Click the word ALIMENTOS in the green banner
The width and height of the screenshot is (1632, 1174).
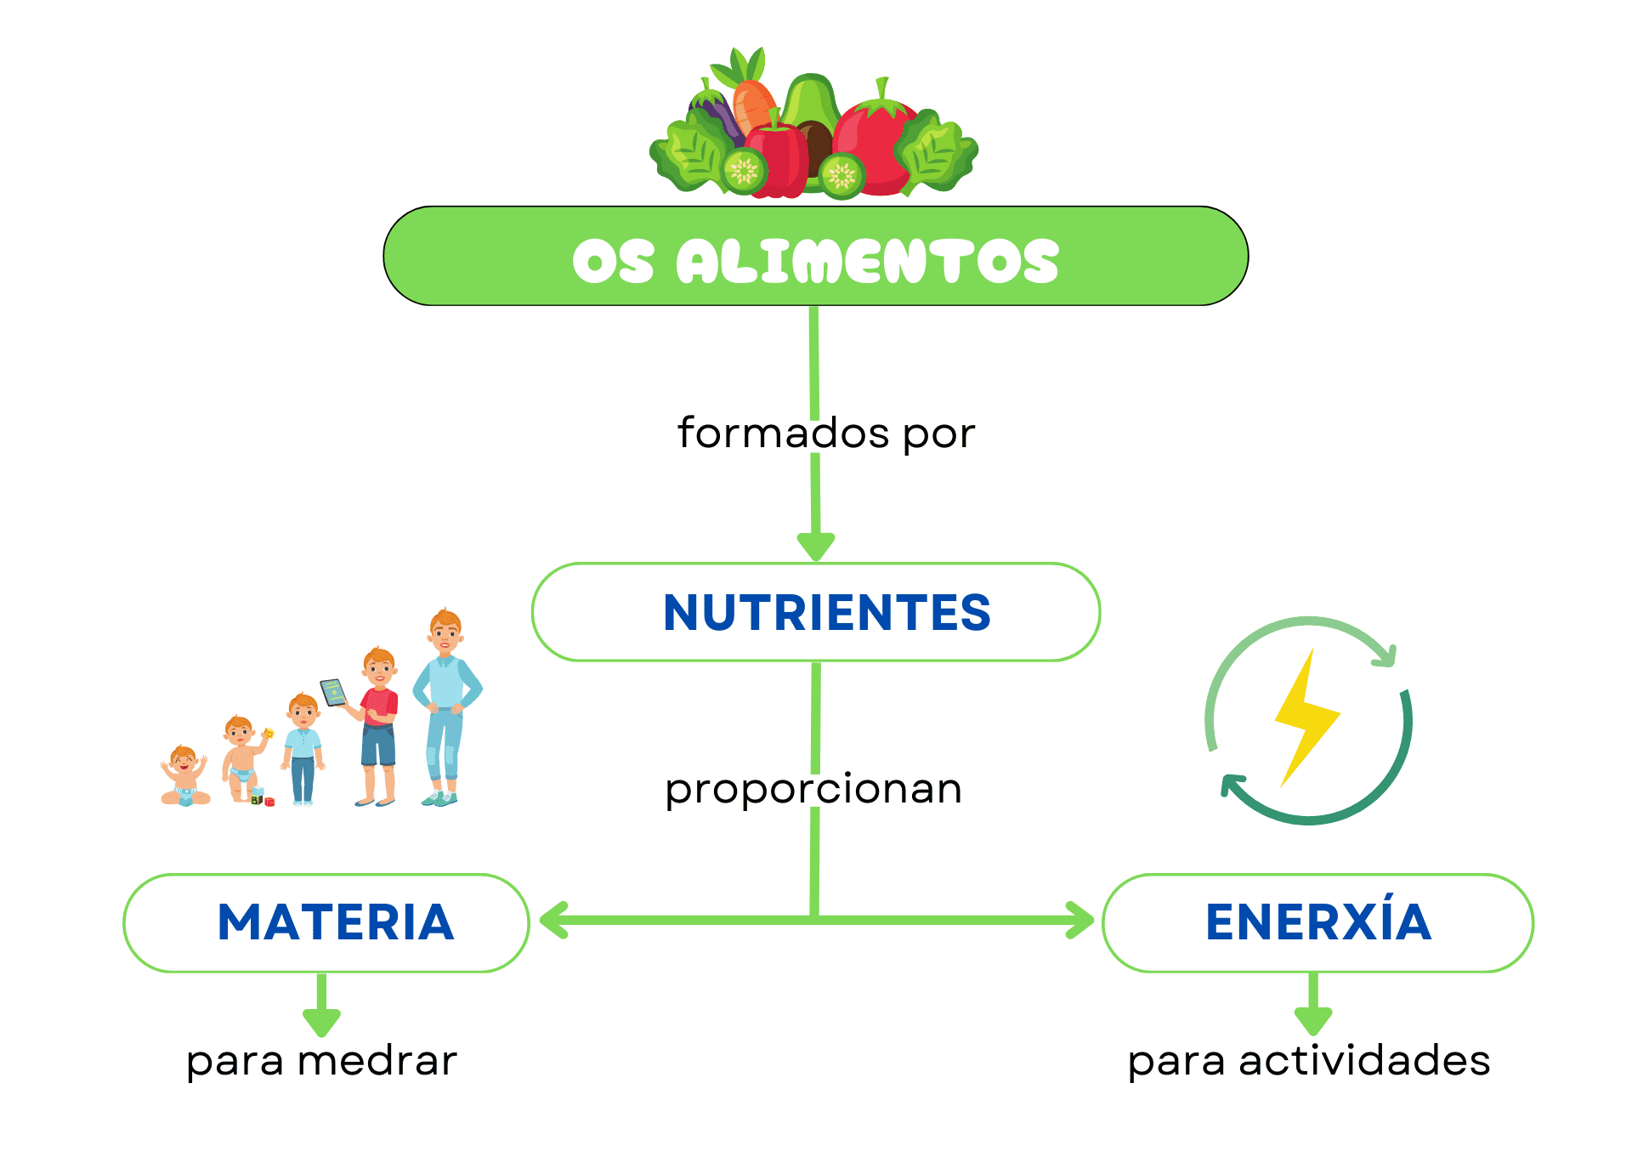pos(867,261)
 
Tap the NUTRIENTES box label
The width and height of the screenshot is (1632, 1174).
pos(826,613)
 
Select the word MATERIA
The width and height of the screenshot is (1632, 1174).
pos(336,922)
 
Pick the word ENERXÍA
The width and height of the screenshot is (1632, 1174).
pos(1318,922)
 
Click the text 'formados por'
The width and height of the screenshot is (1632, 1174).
pos(825,434)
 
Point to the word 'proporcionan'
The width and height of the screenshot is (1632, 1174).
pos(813,789)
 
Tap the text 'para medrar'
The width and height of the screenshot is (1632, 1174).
pos(321,1061)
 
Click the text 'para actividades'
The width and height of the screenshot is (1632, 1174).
pos(1309,1061)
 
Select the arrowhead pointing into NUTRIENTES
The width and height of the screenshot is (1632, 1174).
pos(816,545)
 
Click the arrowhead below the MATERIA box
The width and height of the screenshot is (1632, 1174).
pos(321,1020)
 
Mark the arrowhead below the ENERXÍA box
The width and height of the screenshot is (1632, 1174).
pos(1313,1020)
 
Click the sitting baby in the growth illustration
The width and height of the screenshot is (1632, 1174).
pos(184,777)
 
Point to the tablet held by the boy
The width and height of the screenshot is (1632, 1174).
pos(332,692)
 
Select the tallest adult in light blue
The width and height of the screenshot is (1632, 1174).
pos(445,706)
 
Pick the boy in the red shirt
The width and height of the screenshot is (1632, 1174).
pos(378,723)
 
